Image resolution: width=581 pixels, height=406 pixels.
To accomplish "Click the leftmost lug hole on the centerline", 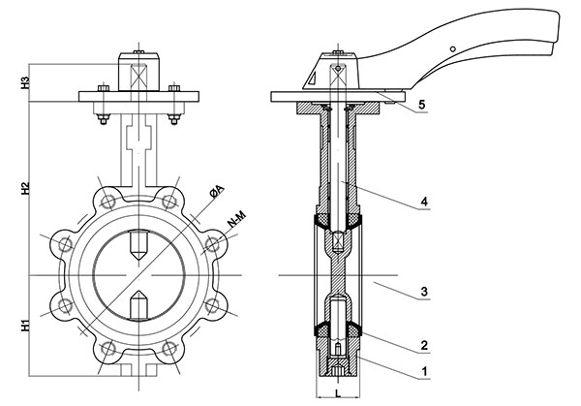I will (x=65, y=244).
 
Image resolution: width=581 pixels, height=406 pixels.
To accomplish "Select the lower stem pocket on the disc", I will (x=138, y=302).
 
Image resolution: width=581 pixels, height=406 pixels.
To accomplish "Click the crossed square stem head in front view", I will (x=138, y=71).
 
